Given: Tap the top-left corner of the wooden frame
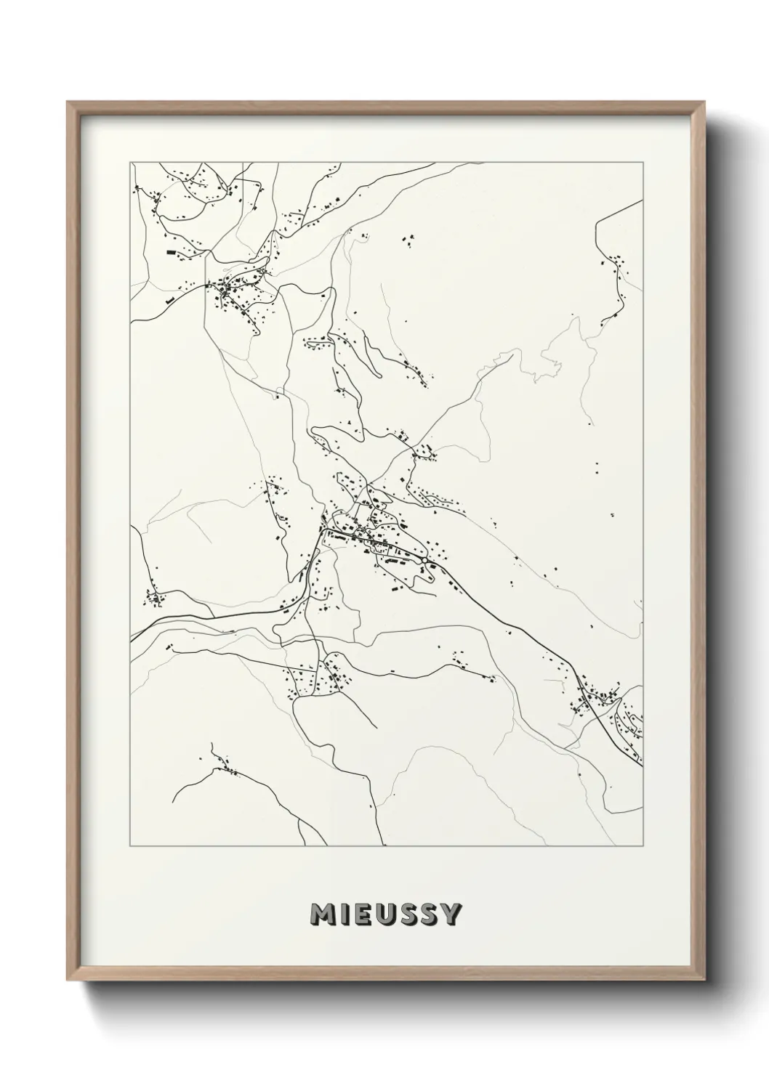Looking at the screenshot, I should pos(68,102).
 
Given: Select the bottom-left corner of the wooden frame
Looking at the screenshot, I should pos(68,984).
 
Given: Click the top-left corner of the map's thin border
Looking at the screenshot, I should pos(130,161).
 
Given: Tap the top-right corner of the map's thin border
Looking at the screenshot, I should pos(643,161).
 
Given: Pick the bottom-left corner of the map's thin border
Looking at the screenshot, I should pos(130,845).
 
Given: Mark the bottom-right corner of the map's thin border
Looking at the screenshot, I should pos(643,845).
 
